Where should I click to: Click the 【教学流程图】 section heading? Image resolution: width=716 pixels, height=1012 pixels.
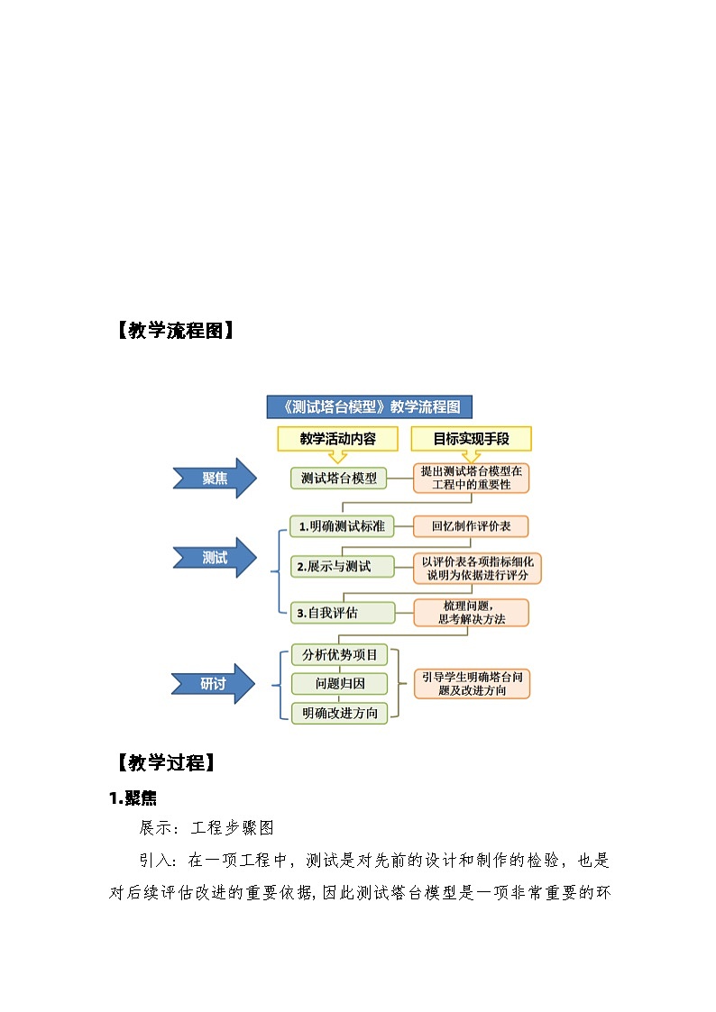(173, 331)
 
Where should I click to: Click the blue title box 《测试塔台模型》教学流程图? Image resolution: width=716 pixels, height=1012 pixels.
(370, 406)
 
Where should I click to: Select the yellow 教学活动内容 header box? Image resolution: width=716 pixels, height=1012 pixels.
(337, 439)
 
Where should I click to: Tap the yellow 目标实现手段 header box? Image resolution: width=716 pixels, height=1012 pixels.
(471, 439)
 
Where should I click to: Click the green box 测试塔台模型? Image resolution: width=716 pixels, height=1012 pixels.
(338, 478)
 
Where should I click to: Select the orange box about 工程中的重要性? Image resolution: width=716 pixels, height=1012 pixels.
(471, 478)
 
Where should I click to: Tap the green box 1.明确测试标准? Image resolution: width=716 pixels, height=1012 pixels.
(341, 526)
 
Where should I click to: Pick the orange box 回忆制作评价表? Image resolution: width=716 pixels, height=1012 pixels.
(471, 526)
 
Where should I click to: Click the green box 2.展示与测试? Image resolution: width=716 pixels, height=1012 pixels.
(341, 567)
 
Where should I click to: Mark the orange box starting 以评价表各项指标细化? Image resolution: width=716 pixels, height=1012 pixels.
(477, 568)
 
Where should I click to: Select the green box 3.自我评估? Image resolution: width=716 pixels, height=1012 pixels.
(341, 613)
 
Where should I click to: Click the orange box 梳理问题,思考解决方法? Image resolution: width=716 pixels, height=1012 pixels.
(471, 613)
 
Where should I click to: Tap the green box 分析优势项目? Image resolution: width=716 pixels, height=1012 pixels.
(339, 654)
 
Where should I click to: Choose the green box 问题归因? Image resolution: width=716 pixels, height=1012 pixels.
(339, 684)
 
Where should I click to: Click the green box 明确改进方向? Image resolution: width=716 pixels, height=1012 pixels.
(339, 713)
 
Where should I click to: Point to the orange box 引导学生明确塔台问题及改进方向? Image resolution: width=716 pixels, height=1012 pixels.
(472, 683)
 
